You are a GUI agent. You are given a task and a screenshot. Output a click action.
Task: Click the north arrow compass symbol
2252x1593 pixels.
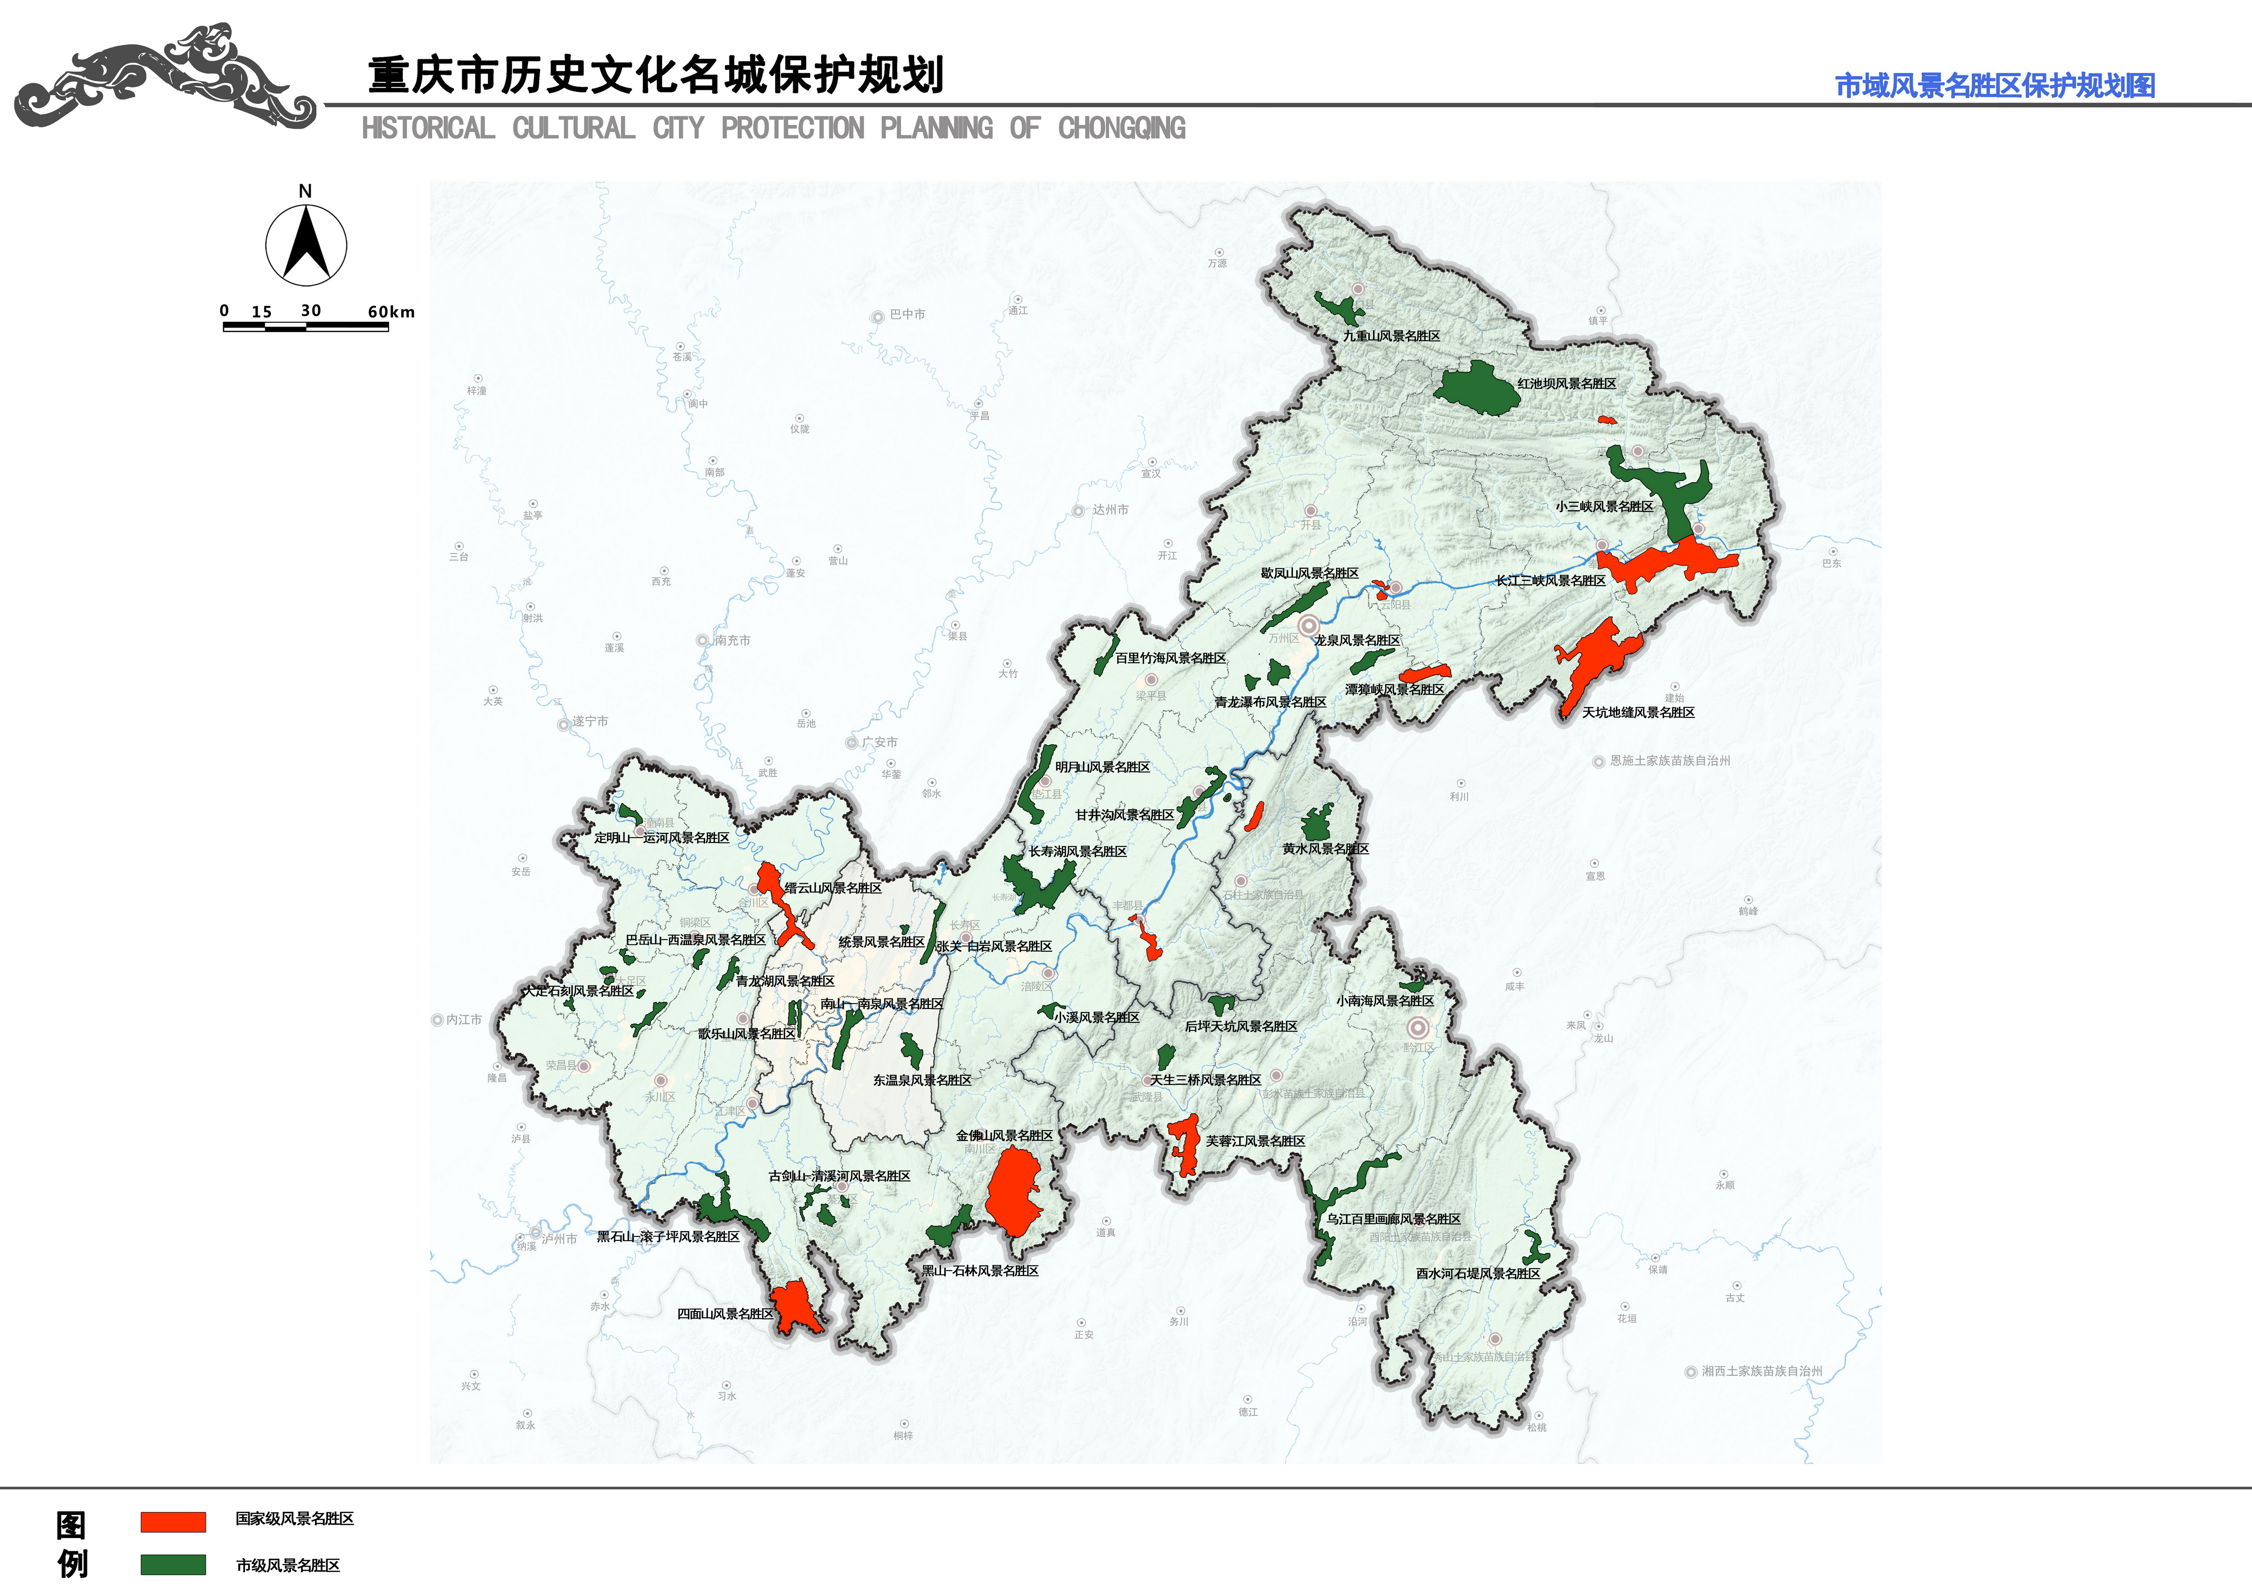click(x=306, y=243)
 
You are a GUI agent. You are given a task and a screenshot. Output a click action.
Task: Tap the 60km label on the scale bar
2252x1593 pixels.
click(x=390, y=312)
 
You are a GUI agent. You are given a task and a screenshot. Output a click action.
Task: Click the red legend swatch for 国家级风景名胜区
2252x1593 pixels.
click(x=173, y=1521)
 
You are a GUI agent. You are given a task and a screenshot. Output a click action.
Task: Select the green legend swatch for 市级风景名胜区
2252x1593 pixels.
click(x=173, y=1565)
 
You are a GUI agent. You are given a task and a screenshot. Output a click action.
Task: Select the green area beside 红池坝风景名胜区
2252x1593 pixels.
click(x=1476, y=388)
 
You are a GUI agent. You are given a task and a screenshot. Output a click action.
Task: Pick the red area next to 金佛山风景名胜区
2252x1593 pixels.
click(x=1013, y=1192)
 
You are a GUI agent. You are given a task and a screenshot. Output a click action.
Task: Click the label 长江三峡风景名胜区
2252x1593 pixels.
click(x=1550, y=581)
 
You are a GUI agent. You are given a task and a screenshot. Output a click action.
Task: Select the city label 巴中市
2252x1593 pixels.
click(x=907, y=315)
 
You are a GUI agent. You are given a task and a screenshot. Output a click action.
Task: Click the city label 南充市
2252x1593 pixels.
click(x=732, y=640)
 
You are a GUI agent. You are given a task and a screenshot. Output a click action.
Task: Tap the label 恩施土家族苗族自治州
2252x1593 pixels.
click(x=1669, y=761)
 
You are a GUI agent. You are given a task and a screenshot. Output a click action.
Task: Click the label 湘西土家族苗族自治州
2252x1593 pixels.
click(x=1762, y=1371)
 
